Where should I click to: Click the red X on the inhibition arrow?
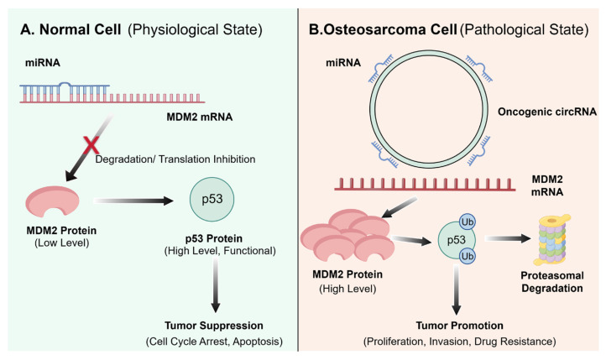point(91,145)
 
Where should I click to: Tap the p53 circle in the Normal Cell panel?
point(212,200)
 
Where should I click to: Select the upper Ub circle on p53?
point(468,222)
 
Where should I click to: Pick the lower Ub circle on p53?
point(468,256)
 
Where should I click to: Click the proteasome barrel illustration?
point(552,239)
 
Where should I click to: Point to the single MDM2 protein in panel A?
point(53,201)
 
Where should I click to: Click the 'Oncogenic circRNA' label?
point(547,112)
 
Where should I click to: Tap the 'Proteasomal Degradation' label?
point(552,282)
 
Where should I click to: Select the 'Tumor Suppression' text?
point(214,326)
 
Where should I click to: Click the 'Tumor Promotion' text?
point(459,326)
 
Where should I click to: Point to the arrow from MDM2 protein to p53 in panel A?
point(133,201)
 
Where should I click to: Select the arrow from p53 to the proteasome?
point(508,238)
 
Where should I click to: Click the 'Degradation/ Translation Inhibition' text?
point(175,159)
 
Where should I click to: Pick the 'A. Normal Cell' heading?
point(71,29)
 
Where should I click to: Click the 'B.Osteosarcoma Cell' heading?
point(383,29)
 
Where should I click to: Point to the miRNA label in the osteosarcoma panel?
point(343,63)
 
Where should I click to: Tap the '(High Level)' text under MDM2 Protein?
point(347,289)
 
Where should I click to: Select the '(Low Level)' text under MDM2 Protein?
point(62,243)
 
